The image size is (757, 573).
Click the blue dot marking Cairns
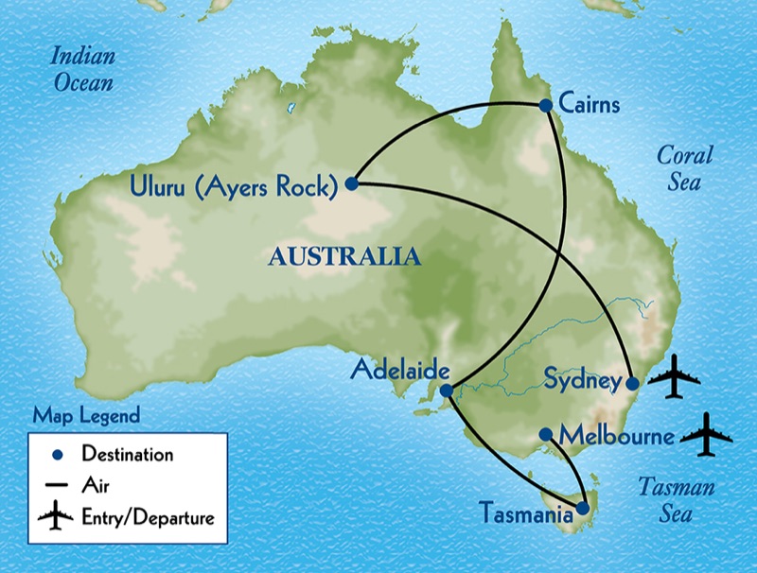546,105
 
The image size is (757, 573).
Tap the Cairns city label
590,103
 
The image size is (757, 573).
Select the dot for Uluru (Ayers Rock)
351,183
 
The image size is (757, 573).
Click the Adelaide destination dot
447,389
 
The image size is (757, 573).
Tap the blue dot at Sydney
632,383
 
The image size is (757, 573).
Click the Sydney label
582,382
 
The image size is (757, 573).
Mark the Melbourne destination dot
546,435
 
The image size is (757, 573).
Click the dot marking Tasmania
583,509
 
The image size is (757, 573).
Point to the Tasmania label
525,515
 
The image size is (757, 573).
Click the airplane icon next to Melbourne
706,434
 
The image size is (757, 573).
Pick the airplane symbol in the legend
56,517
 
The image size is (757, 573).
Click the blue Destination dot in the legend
56,455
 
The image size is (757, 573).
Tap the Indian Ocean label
82,69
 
